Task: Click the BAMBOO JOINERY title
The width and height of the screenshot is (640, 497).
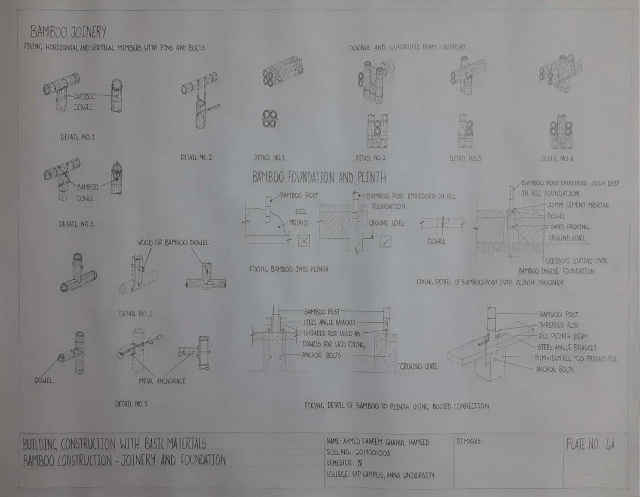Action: (68, 31)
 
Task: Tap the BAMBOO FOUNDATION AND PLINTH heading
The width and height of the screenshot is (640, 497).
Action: (319, 177)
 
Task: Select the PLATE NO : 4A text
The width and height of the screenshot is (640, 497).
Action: (590, 445)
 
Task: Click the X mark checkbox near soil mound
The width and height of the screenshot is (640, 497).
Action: (303, 241)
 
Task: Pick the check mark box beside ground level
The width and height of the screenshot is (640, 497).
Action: (386, 241)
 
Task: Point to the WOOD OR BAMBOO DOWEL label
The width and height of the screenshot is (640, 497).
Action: (172, 243)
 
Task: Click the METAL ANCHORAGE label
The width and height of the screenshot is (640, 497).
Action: (162, 381)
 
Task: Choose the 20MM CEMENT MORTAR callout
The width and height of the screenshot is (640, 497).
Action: (578, 205)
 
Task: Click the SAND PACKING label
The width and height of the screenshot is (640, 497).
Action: (569, 227)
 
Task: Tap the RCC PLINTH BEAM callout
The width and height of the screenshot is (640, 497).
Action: (563, 336)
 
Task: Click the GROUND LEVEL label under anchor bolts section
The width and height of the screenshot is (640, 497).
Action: (418, 367)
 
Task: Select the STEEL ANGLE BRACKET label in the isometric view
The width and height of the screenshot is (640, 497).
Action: (567, 347)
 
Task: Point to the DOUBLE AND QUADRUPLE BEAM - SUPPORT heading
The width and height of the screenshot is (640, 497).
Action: (407, 47)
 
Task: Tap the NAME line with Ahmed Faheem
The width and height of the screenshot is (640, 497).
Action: (377, 442)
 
